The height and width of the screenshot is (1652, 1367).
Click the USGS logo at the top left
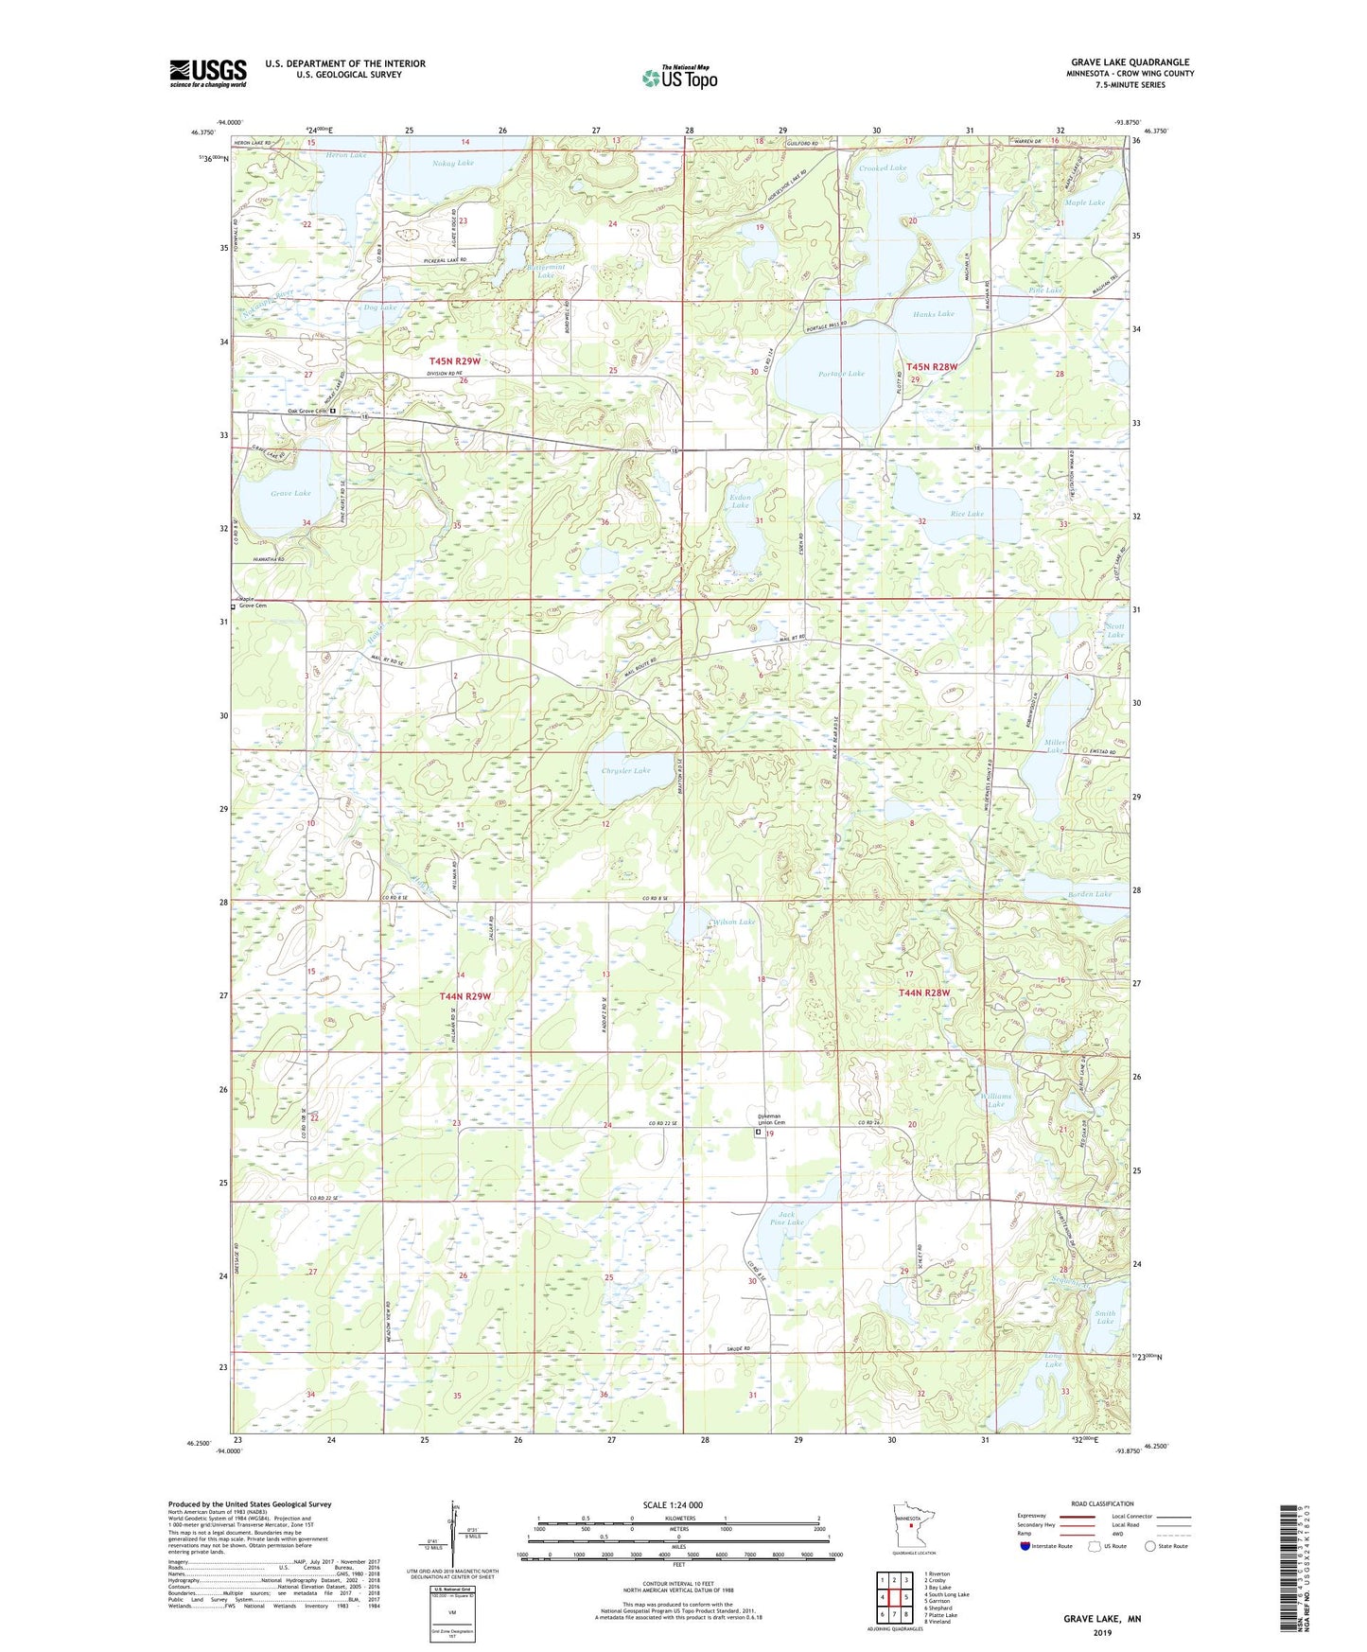[x=208, y=73]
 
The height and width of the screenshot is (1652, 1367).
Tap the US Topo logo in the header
[x=679, y=77]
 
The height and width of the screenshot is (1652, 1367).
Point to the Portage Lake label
[x=841, y=374]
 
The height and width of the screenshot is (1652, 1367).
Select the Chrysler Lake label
[x=625, y=770]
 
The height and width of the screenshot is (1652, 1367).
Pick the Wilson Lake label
[x=734, y=922]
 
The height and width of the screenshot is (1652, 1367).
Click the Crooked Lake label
[x=883, y=167]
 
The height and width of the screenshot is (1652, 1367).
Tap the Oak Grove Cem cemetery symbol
[x=333, y=412]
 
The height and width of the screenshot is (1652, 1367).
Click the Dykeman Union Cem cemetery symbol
[x=758, y=1132]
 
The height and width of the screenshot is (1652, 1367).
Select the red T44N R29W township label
[x=465, y=996]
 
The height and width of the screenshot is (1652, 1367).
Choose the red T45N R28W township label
[x=932, y=366]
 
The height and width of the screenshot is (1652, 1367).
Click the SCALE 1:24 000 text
[x=671, y=1504]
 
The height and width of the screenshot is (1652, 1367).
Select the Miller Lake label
[x=1057, y=747]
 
